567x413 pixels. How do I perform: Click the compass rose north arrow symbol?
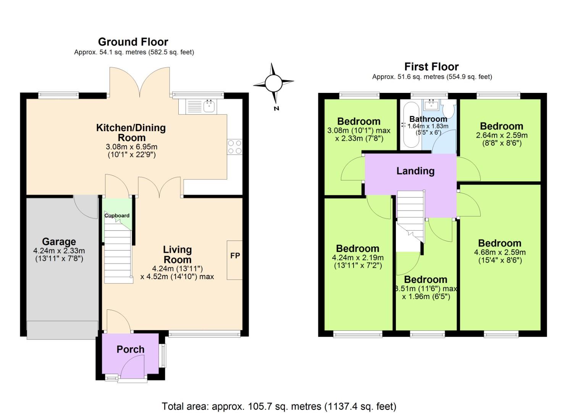point(273,83)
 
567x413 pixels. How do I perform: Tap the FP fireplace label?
point(235,255)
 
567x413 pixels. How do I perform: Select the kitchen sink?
point(209,106)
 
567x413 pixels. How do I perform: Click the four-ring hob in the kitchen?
point(234,147)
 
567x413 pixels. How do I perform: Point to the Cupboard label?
point(117,215)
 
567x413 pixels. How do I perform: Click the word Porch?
point(131,349)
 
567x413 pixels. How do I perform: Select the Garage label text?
point(59,242)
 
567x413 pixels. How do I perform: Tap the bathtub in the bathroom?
point(410,125)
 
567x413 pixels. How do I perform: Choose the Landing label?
point(415,171)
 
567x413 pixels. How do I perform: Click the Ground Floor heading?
point(133,42)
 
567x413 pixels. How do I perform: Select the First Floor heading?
point(431,67)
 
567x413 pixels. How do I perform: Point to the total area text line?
point(279,406)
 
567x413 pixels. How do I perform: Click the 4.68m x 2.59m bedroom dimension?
point(500,252)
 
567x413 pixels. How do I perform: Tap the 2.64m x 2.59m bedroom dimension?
point(502,135)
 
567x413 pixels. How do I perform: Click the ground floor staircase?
point(118,254)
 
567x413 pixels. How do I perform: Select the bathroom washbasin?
point(431,104)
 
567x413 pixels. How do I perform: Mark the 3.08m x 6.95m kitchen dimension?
point(131,147)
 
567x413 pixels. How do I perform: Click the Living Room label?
point(177,255)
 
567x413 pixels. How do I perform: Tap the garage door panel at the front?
point(62,330)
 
